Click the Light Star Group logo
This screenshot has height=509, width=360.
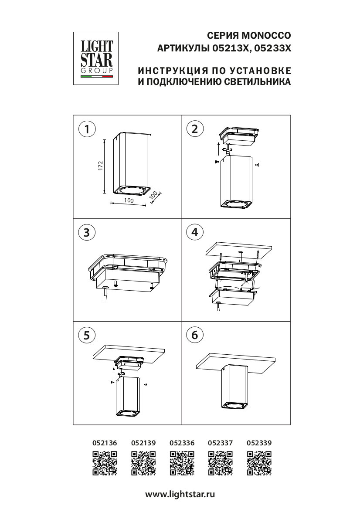coord(96,58)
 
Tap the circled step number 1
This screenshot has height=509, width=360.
coord(87,129)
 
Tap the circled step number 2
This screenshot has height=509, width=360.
coord(195,129)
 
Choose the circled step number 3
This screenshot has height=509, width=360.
coord(87,232)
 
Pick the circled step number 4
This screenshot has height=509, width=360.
coord(195,232)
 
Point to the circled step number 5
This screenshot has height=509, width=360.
coord(87,335)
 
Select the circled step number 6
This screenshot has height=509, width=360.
coord(195,335)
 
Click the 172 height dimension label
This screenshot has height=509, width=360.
coord(100,166)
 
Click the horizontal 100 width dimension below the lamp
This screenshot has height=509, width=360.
coord(129,200)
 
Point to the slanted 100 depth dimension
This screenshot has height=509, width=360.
coord(153,195)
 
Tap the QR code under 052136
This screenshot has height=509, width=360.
coord(105,463)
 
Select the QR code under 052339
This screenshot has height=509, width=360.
coord(259,463)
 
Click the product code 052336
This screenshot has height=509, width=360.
coord(182,443)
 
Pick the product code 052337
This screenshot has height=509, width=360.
coord(221,443)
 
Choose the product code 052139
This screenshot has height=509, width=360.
coord(143,443)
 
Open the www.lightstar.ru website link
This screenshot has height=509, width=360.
coord(180,495)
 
